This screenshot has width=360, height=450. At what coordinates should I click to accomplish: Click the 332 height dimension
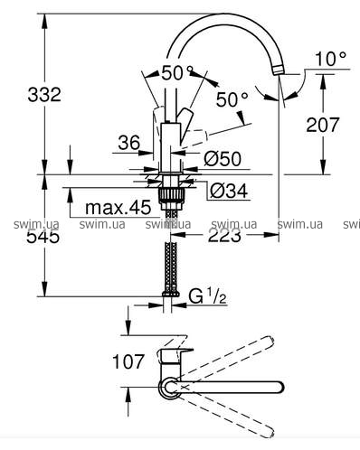[x=44, y=94]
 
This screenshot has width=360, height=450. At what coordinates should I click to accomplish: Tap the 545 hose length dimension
[x=43, y=237]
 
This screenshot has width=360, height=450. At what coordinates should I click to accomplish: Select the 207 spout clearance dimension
[x=323, y=125]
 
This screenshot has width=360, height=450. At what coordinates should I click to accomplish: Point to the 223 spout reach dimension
[x=224, y=235]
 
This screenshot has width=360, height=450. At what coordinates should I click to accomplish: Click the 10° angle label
[x=331, y=59]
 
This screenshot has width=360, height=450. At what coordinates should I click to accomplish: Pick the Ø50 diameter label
[x=223, y=159]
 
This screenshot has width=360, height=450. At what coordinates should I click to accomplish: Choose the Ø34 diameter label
[x=229, y=191]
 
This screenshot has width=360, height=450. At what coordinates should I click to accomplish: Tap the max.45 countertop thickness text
[x=118, y=208]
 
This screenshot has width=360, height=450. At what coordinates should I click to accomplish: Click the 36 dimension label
[x=129, y=143]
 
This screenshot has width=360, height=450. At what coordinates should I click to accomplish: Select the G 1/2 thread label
[x=207, y=296]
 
